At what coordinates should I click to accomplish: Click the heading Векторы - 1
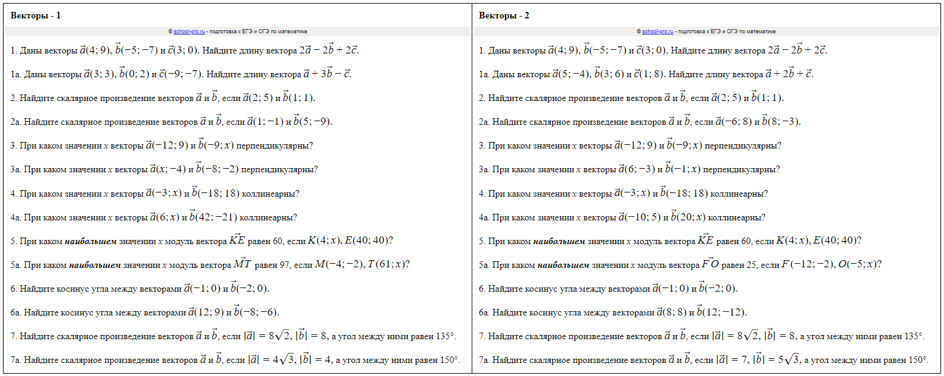pos(36,15)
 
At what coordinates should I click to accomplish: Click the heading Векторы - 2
pos(504,15)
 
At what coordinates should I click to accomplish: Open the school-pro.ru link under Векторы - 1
pos(189,31)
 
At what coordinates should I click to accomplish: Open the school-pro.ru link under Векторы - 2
pos(657,31)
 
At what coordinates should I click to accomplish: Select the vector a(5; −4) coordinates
pos(571,74)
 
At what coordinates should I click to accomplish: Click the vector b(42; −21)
pos(214,217)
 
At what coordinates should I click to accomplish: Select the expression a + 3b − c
pos(328,74)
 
